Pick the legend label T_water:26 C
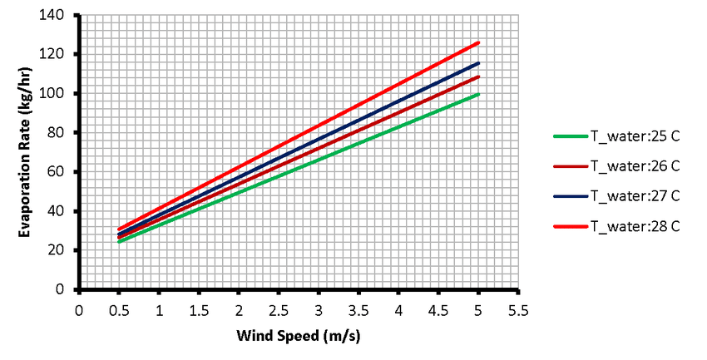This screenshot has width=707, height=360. (x=635, y=167)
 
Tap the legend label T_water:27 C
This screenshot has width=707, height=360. (x=635, y=196)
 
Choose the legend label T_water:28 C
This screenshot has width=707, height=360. (x=635, y=226)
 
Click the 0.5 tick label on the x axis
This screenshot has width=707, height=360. (x=119, y=311)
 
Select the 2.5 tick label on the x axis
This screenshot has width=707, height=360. (x=279, y=311)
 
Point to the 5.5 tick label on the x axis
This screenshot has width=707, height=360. (x=519, y=311)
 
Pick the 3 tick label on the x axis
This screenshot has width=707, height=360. (x=319, y=311)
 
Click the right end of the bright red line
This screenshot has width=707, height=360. (x=479, y=42)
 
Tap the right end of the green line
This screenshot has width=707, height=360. (x=479, y=94)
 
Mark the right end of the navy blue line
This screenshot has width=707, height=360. (x=479, y=63)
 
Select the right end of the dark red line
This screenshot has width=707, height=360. (x=479, y=76)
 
